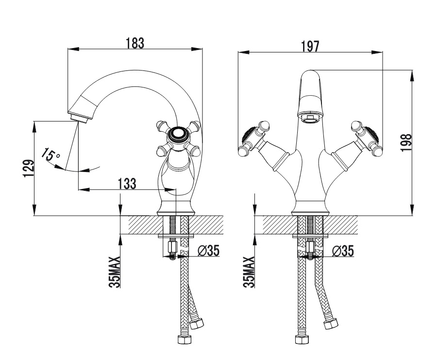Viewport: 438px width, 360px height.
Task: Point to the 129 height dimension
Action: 28,169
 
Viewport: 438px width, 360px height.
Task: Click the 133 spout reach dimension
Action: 127,183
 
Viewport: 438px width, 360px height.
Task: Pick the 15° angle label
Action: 50,156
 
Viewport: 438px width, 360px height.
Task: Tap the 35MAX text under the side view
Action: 114,273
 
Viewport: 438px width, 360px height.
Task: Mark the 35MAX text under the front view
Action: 248,273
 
